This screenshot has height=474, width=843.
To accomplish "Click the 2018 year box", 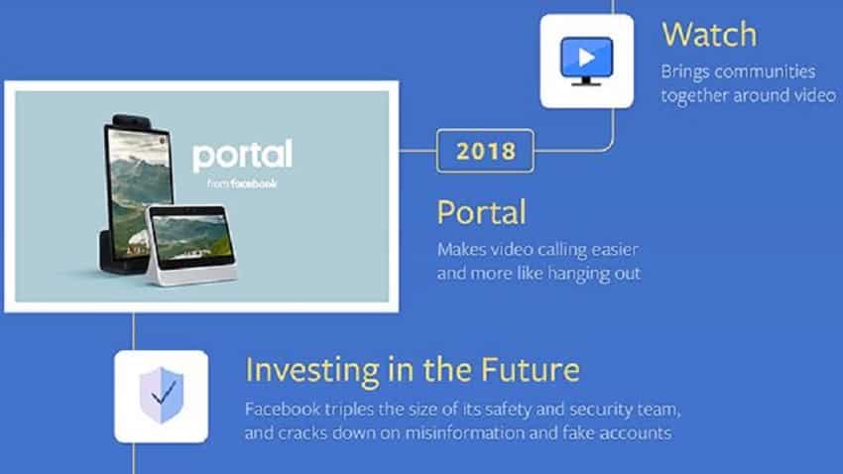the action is coord(485,151).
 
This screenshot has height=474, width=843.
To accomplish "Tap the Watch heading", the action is coord(709,35).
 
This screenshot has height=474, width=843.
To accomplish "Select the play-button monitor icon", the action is coord(586,60).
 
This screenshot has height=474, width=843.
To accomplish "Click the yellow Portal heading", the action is coord(481,212).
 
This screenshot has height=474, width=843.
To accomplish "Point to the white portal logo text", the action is coord(242,156).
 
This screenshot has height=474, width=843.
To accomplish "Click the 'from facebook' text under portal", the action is coord(242,183).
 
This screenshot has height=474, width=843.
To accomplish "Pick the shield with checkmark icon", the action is coord(162,396).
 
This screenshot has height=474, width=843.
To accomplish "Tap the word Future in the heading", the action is coord(531,369).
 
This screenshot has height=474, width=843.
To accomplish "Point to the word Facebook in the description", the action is coord(283,410).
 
